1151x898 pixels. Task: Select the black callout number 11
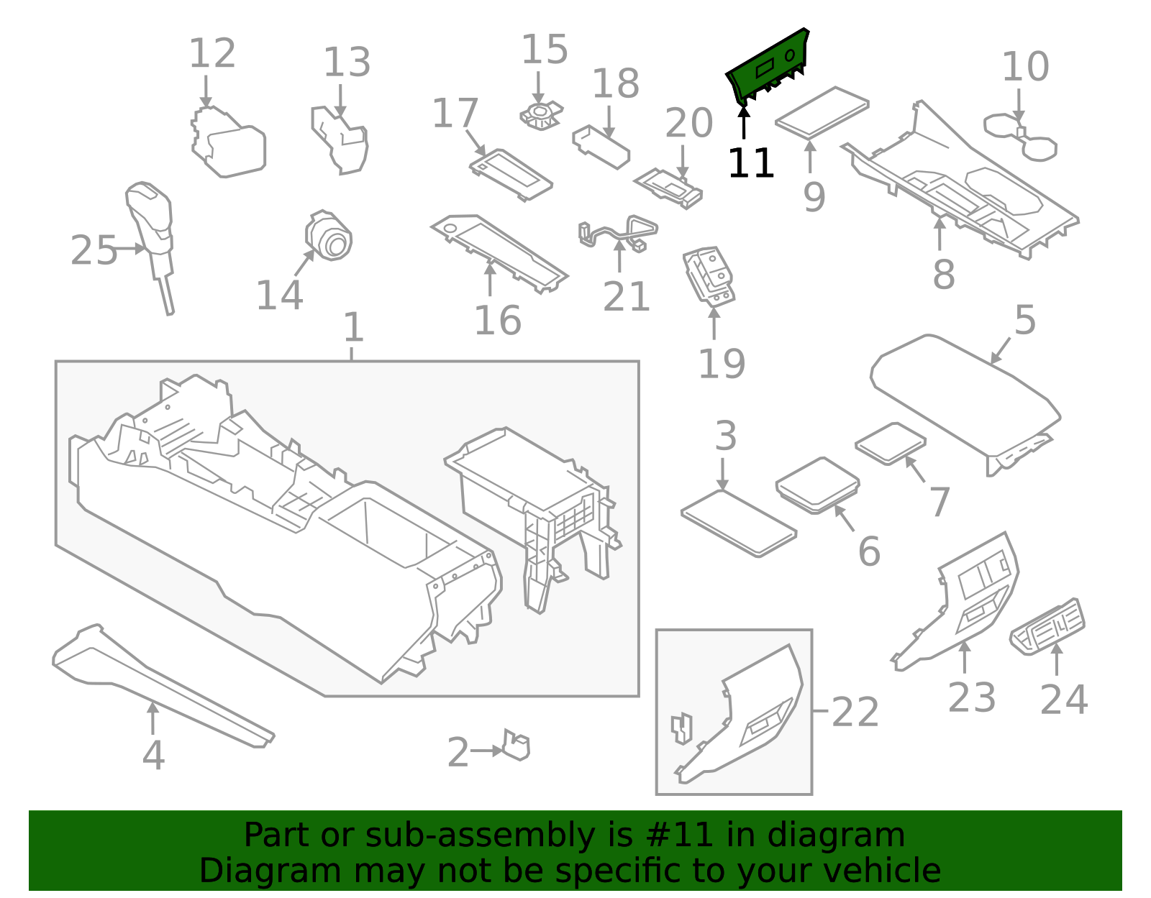pos(750,164)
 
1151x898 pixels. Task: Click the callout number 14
pos(279,295)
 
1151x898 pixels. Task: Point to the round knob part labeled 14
pos(329,237)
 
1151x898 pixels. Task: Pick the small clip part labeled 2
pos(517,745)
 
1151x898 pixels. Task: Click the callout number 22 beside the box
pos(855,712)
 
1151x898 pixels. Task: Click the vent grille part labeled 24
pos(1048,626)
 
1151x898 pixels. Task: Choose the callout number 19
pos(721,364)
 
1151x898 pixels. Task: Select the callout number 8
pos(943,274)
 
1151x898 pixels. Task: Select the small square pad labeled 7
pos(891,443)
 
